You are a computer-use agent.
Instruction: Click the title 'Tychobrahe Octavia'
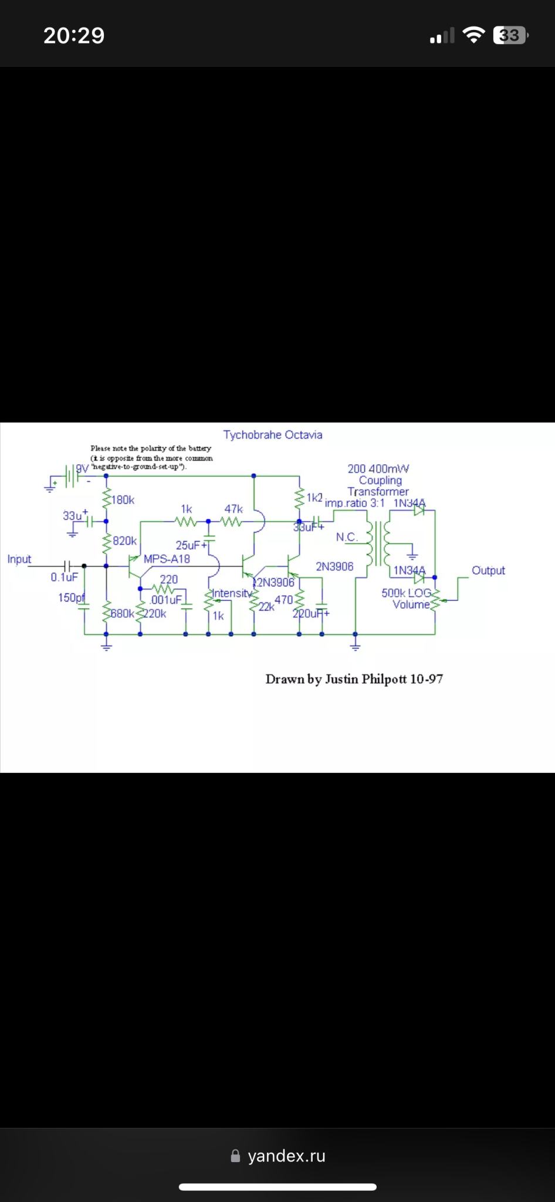click(x=272, y=435)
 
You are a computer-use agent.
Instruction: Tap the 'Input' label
click(x=19, y=559)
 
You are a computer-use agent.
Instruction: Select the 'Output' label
click(x=488, y=570)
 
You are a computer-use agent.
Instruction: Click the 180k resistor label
click(x=123, y=500)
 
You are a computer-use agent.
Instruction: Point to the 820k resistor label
click(x=124, y=541)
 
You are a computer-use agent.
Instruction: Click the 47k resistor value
click(x=233, y=509)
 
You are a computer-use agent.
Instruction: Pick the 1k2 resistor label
click(x=314, y=498)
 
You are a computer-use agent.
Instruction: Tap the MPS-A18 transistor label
click(x=167, y=559)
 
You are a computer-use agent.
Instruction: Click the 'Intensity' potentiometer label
click(x=231, y=593)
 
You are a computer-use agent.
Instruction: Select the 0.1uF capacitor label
click(x=64, y=577)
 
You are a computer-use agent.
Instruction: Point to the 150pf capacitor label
click(x=72, y=597)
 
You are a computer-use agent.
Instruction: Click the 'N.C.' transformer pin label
click(x=347, y=537)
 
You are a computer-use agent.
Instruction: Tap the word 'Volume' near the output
click(x=411, y=605)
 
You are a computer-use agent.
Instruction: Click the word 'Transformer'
click(x=378, y=491)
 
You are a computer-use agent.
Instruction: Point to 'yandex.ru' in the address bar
click(x=286, y=1156)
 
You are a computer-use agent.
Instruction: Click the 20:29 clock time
click(x=74, y=36)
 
